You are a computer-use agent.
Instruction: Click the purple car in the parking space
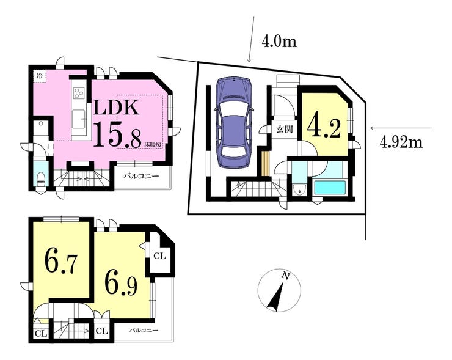[234, 122]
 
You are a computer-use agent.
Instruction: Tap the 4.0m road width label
[279, 42]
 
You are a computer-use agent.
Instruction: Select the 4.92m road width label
[401, 142]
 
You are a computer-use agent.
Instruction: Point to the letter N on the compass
[286, 276]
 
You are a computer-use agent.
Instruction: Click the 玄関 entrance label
[285, 129]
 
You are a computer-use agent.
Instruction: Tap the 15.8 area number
[118, 135]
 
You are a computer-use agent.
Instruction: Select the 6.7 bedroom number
[61, 262]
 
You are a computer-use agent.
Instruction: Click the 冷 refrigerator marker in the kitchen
[40, 76]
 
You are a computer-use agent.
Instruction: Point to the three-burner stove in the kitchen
[78, 93]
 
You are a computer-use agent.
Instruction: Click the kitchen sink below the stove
[78, 119]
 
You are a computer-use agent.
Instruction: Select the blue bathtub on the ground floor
[330, 188]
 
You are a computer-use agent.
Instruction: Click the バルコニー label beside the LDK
[141, 175]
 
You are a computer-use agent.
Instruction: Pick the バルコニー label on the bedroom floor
[144, 330]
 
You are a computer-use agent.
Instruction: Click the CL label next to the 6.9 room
[159, 256]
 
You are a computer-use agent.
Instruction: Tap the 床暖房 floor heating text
[153, 144]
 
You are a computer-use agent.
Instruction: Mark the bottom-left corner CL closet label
[41, 334]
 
